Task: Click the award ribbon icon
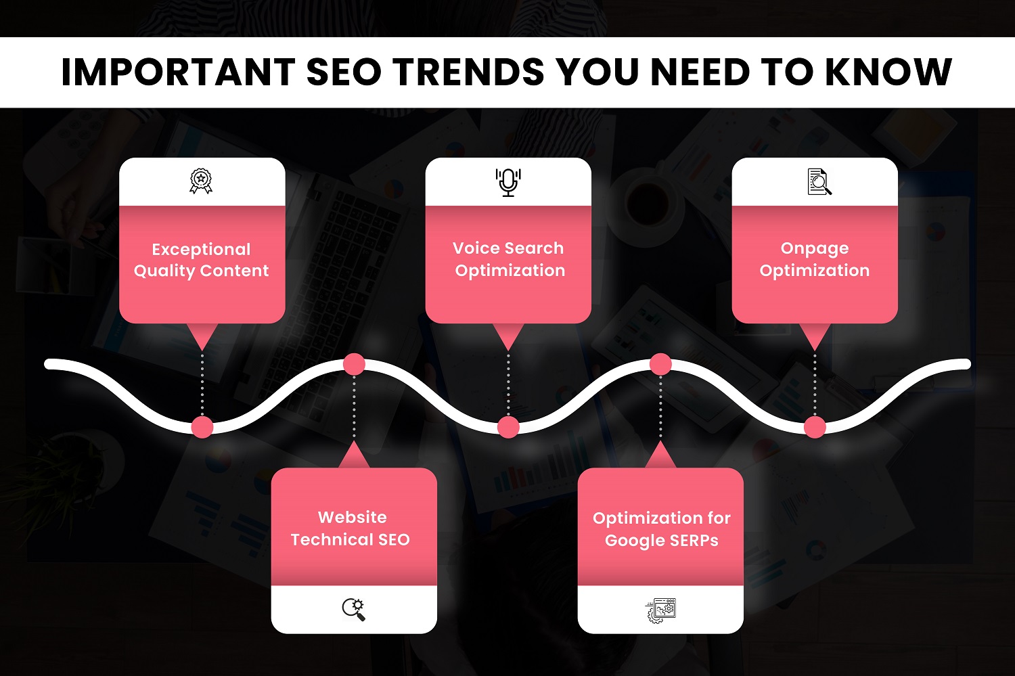pos(201,181)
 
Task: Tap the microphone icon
pos(508,182)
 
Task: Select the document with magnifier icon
pos(819,181)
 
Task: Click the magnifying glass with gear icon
pos(353,610)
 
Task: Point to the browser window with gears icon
pos(660,610)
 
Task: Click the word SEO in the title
pos(344,72)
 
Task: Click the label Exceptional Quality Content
pos(201,260)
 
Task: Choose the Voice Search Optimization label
pos(509,259)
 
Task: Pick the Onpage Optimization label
pos(815,259)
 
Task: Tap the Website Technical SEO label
pos(351,528)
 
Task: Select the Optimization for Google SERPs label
pos(662,529)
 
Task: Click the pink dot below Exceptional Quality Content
pos(202,427)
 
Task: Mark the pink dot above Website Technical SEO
pos(354,364)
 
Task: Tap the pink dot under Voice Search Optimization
pos(508,427)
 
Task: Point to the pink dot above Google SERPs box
pos(660,364)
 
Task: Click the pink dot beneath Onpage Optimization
pos(815,427)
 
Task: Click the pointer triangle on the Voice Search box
pos(508,335)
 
